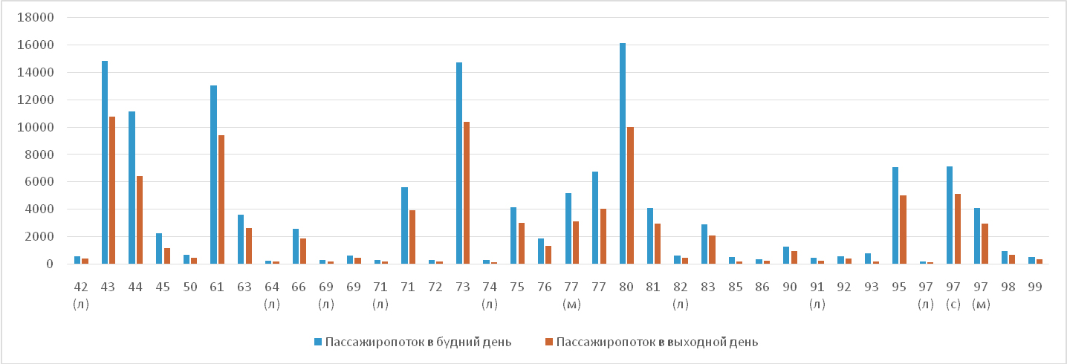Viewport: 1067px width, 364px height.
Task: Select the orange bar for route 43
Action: click(x=112, y=190)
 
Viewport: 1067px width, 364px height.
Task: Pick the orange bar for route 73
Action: click(x=467, y=192)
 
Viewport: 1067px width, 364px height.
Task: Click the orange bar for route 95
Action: click(x=903, y=230)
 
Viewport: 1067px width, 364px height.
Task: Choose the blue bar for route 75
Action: click(x=513, y=235)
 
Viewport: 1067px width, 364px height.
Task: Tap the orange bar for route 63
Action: click(x=248, y=246)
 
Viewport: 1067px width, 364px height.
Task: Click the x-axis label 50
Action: click(x=190, y=286)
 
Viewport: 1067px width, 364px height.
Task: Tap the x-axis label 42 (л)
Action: click(x=81, y=294)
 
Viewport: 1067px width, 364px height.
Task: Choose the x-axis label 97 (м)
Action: click(x=981, y=294)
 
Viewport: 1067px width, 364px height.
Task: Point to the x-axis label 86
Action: click(x=762, y=286)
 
